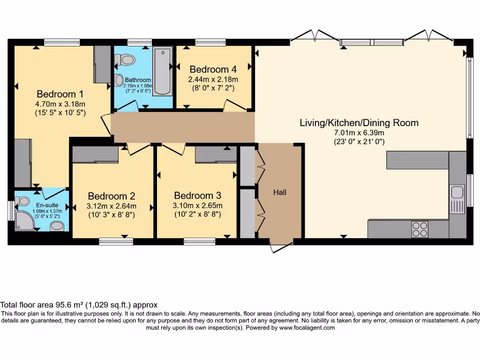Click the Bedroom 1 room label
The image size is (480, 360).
[x=60, y=93]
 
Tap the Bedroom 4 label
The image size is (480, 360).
[x=213, y=70]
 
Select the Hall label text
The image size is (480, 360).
[x=280, y=192]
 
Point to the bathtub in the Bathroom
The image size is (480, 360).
[x=162, y=71]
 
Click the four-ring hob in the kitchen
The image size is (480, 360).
[x=420, y=229]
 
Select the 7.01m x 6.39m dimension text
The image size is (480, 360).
[x=359, y=133]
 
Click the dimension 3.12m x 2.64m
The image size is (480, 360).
[x=112, y=206]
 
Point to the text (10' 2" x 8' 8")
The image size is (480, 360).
[x=198, y=214]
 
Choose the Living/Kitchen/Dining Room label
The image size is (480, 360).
[x=359, y=123]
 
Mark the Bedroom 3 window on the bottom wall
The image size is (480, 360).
[x=199, y=241]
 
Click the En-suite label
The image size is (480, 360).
[x=47, y=205]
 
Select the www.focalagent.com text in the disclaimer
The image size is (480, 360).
[x=307, y=328]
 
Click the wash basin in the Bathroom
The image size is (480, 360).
[x=119, y=80]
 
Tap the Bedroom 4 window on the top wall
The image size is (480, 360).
[x=210, y=43]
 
